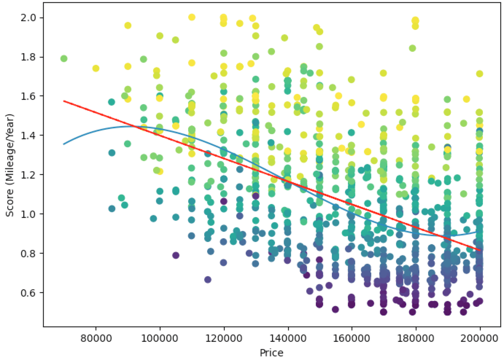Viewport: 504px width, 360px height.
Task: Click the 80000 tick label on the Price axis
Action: (96, 338)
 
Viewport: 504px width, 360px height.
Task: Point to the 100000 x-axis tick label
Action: (160, 338)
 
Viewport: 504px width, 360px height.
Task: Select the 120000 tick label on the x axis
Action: (224, 338)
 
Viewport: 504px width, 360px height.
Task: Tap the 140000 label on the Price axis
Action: (288, 338)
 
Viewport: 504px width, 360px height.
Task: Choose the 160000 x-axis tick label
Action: (352, 338)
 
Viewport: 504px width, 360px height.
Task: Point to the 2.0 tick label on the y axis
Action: (31, 18)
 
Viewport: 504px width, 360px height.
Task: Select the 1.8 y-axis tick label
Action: (31, 57)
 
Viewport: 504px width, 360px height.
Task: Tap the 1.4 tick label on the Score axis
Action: (31, 136)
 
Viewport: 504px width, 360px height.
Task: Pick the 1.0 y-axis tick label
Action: (31, 214)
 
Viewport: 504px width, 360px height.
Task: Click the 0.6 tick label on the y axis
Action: (31, 293)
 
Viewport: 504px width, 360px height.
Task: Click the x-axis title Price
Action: (271, 353)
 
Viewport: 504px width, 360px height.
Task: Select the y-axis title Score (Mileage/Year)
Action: (10, 165)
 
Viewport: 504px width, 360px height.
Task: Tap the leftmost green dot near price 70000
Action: (64, 59)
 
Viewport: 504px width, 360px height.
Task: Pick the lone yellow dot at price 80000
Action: (96, 69)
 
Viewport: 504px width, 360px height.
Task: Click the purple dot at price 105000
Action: (176, 255)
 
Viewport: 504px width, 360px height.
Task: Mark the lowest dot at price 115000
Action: (208, 279)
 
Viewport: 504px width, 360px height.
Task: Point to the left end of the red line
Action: (64, 101)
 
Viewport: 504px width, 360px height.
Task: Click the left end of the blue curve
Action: (64, 144)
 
